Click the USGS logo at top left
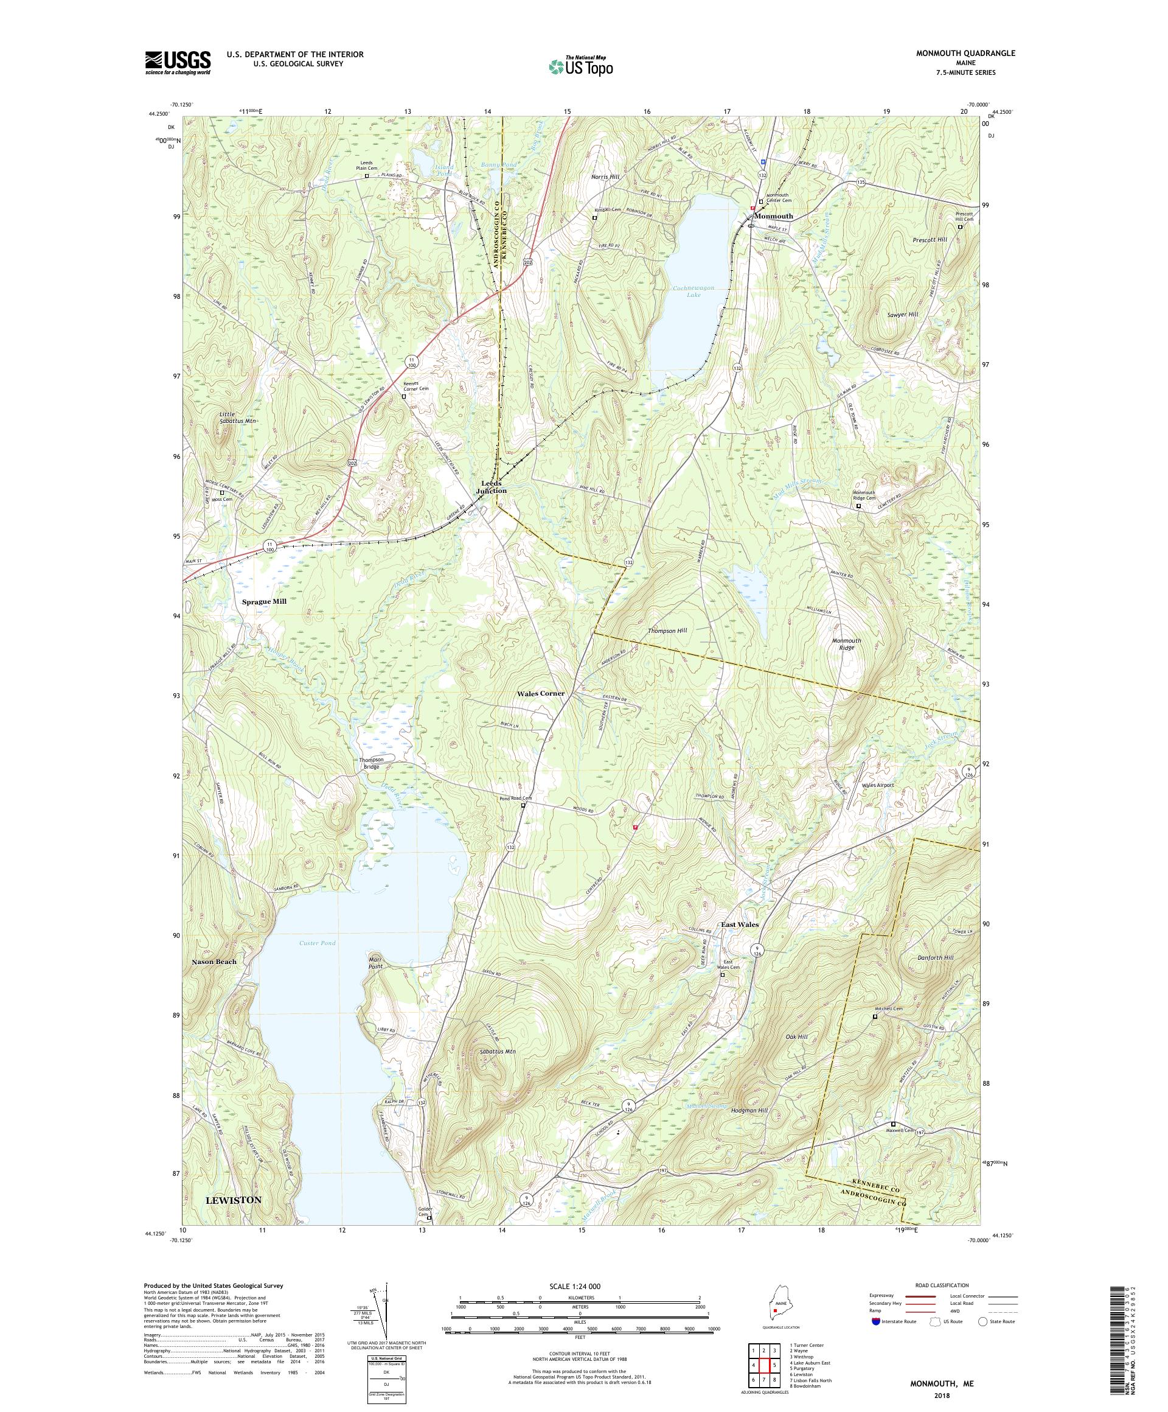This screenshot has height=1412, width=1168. (178, 63)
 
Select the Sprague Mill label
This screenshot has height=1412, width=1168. (264, 601)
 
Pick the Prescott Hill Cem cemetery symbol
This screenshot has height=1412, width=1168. (960, 226)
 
